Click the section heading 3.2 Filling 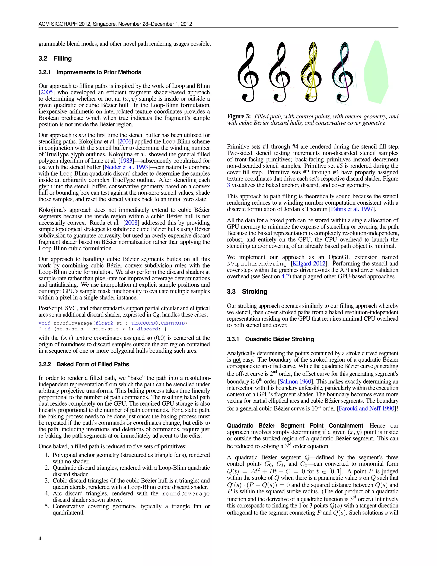point(55,59)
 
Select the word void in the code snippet point(45,323)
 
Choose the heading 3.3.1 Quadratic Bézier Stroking point(270,339)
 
